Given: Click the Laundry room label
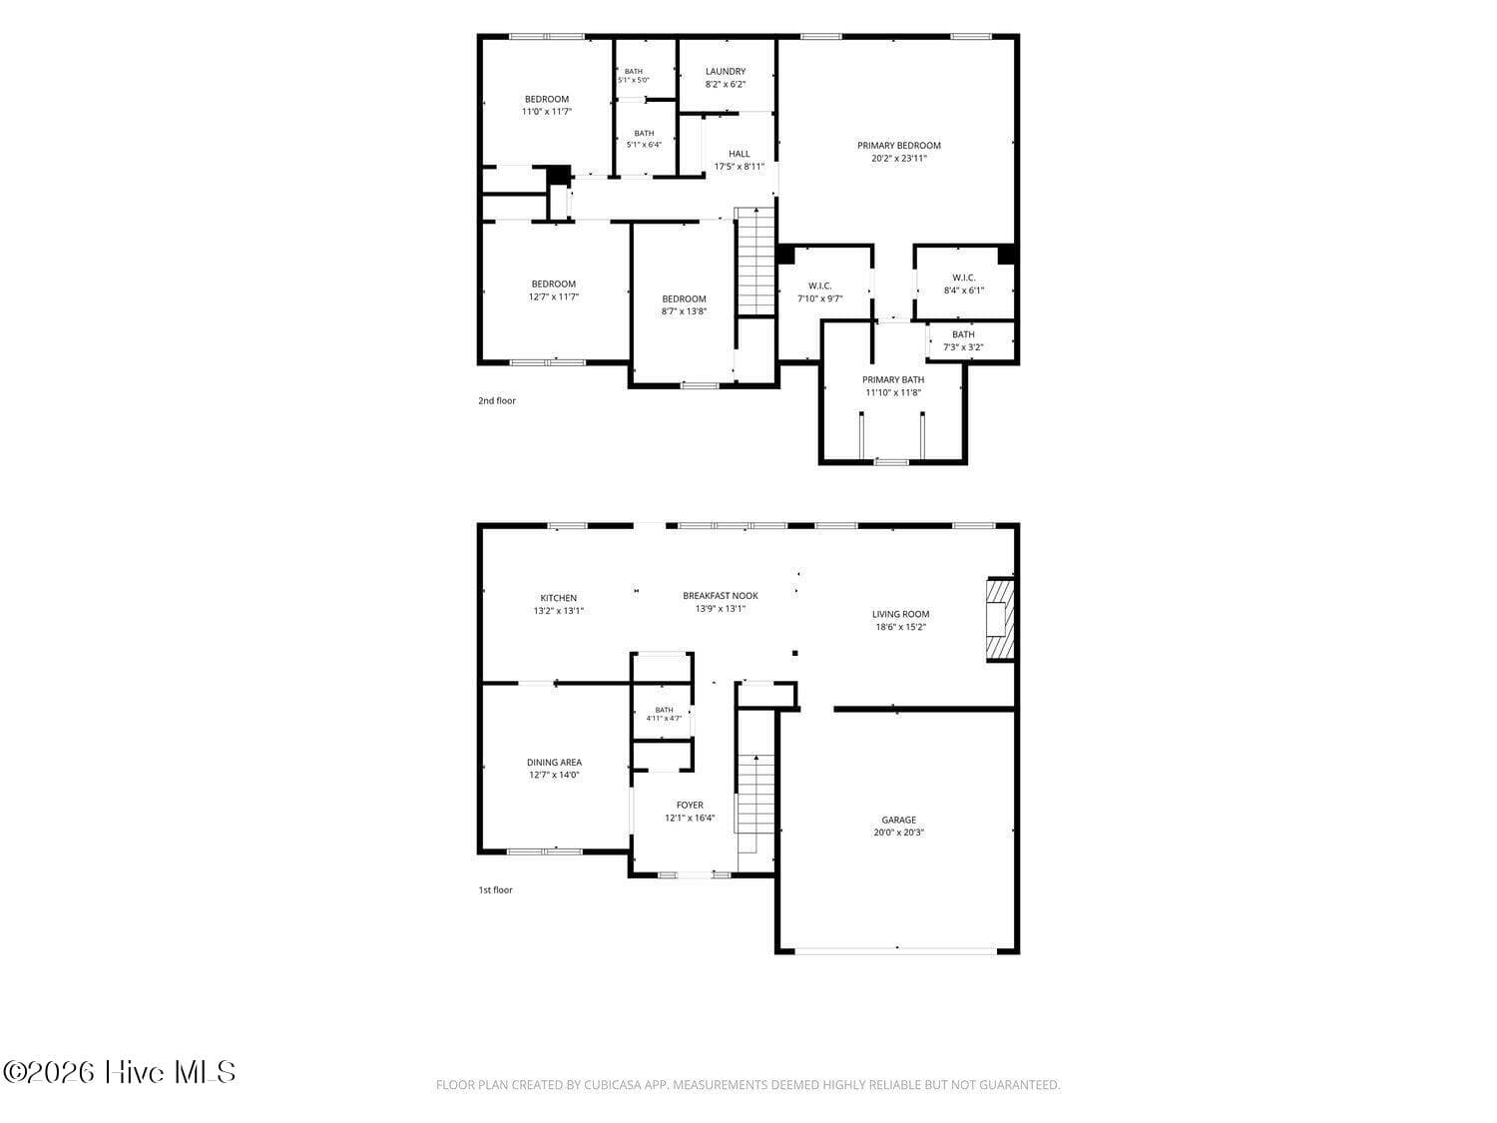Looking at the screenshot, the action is pyautogui.click(x=725, y=71).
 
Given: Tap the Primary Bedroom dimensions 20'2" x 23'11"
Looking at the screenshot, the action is pyautogui.click(x=899, y=158).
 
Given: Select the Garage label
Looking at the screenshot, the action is pyautogui.click(x=898, y=820).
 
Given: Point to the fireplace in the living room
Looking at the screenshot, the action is pyautogui.click(x=1000, y=619).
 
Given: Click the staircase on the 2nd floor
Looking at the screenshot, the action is pyautogui.click(x=755, y=262).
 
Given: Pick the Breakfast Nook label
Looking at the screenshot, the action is pyautogui.click(x=721, y=595).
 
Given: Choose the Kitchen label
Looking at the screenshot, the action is pyautogui.click(x=559, y=598).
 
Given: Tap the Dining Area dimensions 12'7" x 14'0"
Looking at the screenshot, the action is pyautogui.click(x=554, y=775).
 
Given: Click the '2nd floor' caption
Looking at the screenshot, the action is pyautogui.click(x=496, y=401).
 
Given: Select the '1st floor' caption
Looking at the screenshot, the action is pyautogui.click(x=495, y=889).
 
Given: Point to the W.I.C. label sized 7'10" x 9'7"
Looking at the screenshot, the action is pyautogui.click(x=819, y=285).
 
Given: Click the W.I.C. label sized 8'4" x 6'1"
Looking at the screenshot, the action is pyautogui.click(x=964, y=278).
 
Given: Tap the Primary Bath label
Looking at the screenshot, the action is pyautogui.click(x=893, y=379).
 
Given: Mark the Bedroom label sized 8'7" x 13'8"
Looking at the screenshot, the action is pyautogui.click(x=684, y=298).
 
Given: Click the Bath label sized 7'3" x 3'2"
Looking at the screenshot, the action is pyautogui.click(x=963, y=334).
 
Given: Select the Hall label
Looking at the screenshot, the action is pyautogui.click(x=740, y=154).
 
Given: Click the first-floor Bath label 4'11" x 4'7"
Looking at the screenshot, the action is pyautogui.click(x=664, y=710).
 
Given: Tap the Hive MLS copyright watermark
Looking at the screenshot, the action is pyautogui.click(x=120, y=1072).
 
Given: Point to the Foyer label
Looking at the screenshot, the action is pyautogui.click(x=690, y=806).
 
